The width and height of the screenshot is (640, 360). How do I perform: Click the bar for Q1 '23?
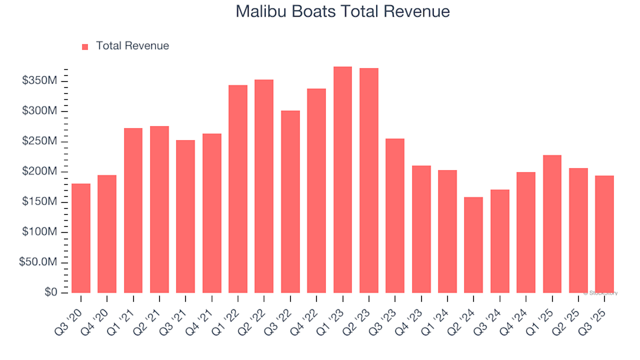[343, 180]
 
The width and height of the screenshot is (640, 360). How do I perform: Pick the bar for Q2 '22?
[264, 186]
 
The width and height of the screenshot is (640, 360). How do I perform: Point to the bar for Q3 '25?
[605, 234]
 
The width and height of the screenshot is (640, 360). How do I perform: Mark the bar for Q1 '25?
[552, 224]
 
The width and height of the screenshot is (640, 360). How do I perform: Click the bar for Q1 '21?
[133, 210]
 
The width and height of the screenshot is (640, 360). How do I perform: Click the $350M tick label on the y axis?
[41, 81]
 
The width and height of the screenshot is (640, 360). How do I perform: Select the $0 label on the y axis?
[50, 293]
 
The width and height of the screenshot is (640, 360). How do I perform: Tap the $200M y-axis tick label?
[41, 171]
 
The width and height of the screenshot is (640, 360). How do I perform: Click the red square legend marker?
[85, 47]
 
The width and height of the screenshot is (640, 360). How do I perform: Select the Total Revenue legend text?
[132, 46]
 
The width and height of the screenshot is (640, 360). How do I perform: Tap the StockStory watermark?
[601, 293]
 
